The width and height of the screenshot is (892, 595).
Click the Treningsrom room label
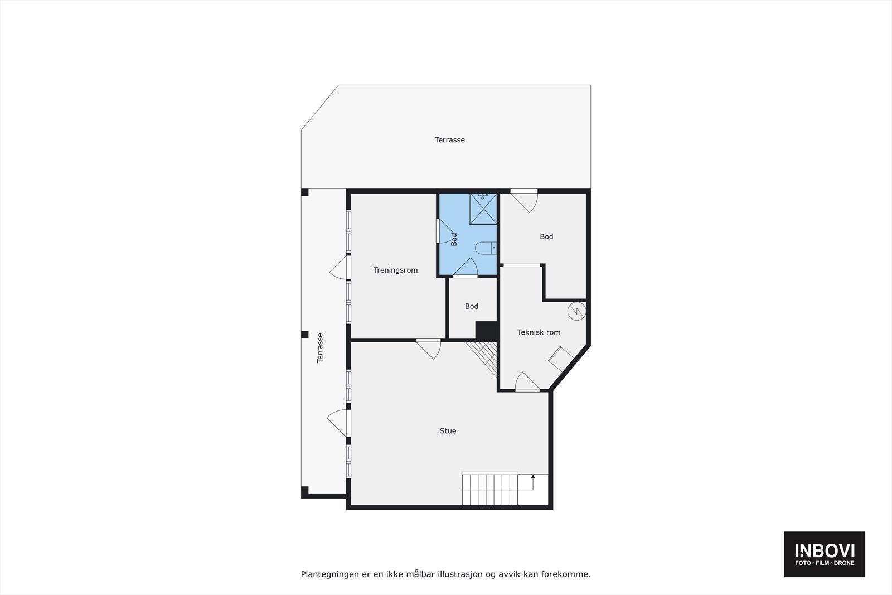(395, 270)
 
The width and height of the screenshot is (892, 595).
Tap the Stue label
(448, 431)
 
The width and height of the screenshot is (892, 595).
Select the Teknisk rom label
(539, 332)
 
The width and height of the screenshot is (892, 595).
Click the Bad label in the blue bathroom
(454, 239)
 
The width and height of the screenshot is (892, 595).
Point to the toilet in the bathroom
(484, 248)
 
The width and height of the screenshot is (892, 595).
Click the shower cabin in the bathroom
(483, 208)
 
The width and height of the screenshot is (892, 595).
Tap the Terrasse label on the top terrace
(449, 140)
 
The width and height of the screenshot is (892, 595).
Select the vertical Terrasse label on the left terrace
(320, 348)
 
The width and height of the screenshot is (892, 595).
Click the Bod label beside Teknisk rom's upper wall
(546, 237)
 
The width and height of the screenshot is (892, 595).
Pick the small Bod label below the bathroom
(472, 306)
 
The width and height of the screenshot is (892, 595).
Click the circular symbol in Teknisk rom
(576, 311)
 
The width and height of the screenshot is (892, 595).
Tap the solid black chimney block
(486, 330)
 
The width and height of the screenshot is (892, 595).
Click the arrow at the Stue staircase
(533, 477)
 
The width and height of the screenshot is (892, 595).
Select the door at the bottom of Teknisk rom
(527, 382)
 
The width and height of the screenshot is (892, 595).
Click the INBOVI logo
(825, 554)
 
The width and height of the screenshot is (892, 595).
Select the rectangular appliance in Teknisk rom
(561, 359)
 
